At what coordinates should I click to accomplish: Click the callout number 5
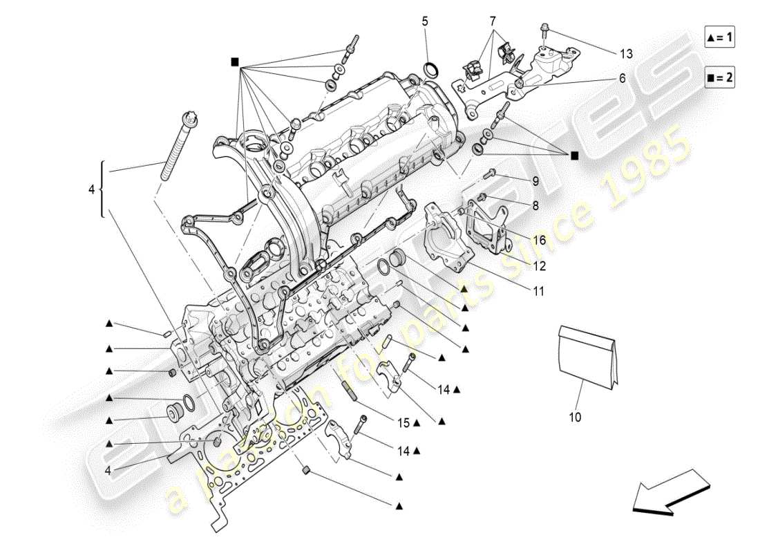(x=425, y=21)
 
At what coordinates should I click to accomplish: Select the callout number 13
(x=625, y=53)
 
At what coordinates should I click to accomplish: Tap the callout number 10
(x=575, y=417)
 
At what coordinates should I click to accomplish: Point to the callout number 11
(x=538, y=292)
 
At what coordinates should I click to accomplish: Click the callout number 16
(x=540, y=240)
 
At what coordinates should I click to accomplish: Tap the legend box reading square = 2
(x=719, y=77)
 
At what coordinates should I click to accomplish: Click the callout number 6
(x=622, y=79)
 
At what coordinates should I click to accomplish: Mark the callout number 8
(x=535, y=205)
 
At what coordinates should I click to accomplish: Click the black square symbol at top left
(x=236, y=62)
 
